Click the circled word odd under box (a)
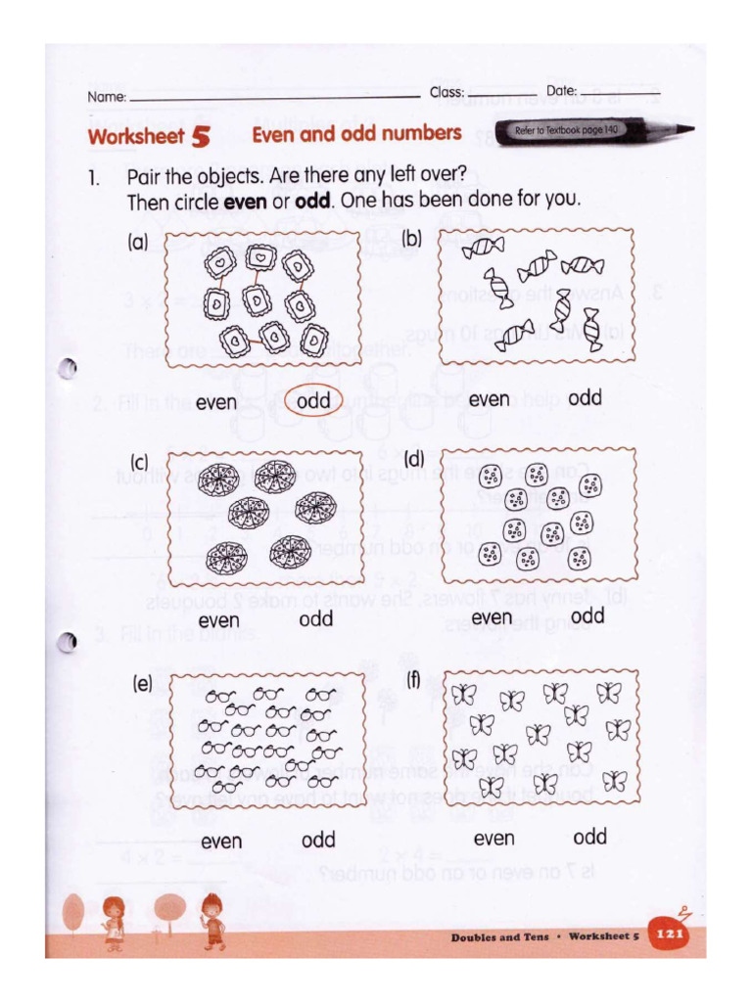click(x=314, y=401)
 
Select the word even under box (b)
click(x=489, y=399)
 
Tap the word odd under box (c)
click(x=315, y=619)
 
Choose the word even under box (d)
click(x=491, y=617)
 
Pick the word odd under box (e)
click(x=318, y=841)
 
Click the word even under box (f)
click(x=493, y=839)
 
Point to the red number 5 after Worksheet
click(x=201, y=137)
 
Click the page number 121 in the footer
click(x=669, y=935)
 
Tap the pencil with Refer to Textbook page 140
click(x=593, y=131)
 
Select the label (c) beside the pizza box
click(x=140, y=462)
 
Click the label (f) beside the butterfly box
click(x=412, y=678)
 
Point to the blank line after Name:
click(x=274, y=98)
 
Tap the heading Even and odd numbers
click(x=356, y=134)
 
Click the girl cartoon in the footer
click(x=115, y=920)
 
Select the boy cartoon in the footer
click(x=211, y=920)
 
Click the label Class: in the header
click(x=446, y=93)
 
